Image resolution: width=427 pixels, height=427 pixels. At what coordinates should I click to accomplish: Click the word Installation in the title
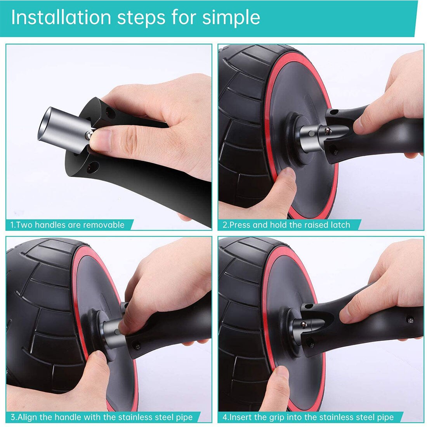point(61,17)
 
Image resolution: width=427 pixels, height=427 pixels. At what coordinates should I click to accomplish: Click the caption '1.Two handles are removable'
point(68,225)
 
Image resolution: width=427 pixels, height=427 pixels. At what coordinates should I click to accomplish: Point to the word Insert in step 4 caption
point(240,417)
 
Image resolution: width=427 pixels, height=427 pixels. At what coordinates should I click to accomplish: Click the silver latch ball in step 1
point(89,134)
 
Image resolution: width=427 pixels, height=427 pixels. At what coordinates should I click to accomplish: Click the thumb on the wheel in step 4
point(282,377)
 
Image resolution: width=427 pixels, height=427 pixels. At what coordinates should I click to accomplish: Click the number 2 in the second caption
point(225,225)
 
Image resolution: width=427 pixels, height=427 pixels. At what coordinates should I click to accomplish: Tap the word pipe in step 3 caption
point(185,417)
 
